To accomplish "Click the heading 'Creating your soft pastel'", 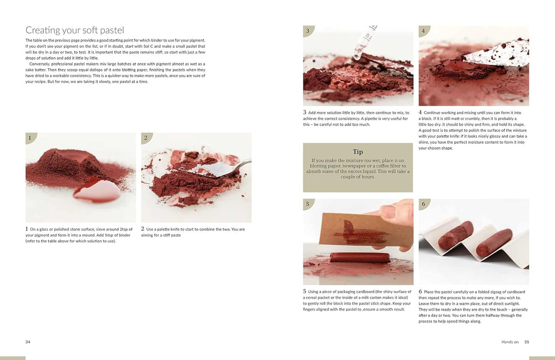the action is pos(75,30).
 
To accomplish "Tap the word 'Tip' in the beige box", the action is pos(358,151).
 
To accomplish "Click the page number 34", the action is pos(28,342).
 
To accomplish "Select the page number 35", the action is pos(527,342).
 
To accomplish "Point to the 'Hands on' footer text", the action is pos(509,342).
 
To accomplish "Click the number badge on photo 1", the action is pos(30,138).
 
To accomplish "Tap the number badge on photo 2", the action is pos(146,138).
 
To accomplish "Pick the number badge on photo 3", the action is pos(308,31).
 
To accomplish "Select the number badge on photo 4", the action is pos(423,31).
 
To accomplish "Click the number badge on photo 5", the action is pos(308,204).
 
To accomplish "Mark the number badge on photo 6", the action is pos(423,204).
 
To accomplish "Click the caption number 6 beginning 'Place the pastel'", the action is pos(420,291).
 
